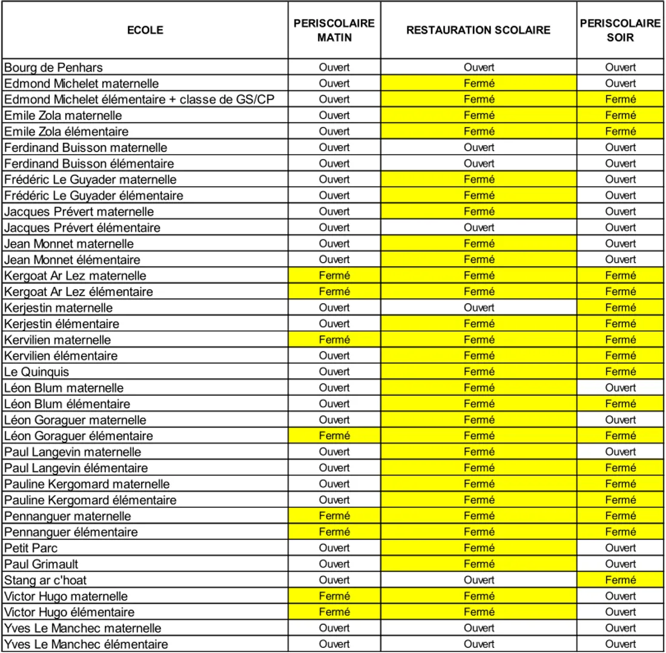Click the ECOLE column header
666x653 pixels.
[x=145, y=30]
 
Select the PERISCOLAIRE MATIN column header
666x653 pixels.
[x=334, y=30]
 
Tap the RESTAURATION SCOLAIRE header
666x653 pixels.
[x=479, y=30]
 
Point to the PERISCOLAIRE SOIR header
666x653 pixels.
[x=621, y=30]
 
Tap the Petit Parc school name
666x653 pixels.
[x=31, y=548]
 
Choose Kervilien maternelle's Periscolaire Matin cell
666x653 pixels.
[x=334, y=340]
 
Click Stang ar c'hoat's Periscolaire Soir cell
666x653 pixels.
[x=621, y=580]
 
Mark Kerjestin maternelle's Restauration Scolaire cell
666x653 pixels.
[x=479, y=308]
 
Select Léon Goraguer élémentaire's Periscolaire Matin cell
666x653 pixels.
[x=334, y=436]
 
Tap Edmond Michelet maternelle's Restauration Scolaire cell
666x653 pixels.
[x=479, y=83]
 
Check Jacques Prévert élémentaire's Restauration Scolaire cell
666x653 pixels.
[x=479, y=228]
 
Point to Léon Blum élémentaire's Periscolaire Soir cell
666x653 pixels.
[x=621, y=403]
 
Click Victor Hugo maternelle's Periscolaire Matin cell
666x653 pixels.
[x=334, y=596]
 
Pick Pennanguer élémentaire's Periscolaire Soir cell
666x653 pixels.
[x=621, y=532]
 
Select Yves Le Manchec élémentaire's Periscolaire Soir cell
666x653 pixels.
[x=621, y=644]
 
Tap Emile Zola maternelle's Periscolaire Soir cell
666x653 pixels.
[x=621, y=115]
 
